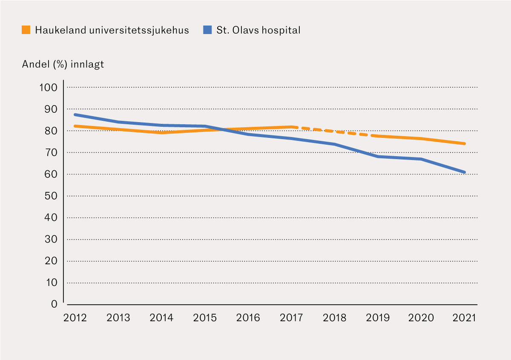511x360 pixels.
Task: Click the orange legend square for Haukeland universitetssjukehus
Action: [x=26, y=30]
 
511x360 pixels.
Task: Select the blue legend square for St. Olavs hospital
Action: [x=207, y=30]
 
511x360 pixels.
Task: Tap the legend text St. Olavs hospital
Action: [x=258, y=30]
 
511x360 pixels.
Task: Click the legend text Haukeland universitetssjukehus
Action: [x=112, y=30]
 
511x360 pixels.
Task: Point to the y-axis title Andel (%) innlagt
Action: [x=63, y=64]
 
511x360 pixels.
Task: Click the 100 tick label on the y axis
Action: [x=48, y=88]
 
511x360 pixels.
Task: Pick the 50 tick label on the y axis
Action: [x=51, y=196]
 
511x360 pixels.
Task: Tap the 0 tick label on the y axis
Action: [x=54, y=304]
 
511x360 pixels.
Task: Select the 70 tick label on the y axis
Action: [x=51, y=153]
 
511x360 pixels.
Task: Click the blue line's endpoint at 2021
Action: [x=464, y=172]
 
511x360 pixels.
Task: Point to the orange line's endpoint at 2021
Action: [x=464, y=144]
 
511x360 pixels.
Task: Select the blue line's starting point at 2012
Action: [x=75, y=114]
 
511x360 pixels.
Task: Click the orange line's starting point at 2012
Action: [x=75, y=126]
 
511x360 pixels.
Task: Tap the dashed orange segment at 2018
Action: [x=335, y=131]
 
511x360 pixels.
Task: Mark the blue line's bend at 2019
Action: [x=378, y=157]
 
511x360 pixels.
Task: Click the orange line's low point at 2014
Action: [x=162, y=133]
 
